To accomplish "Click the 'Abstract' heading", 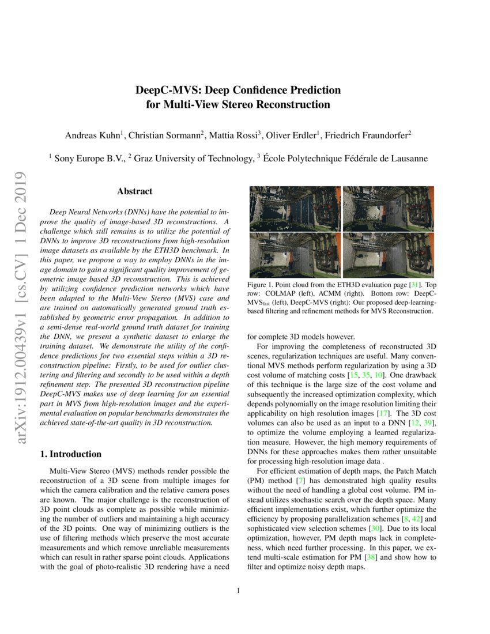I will pos(134,191).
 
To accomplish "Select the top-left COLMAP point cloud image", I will pos(294,209).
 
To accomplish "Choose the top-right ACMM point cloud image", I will pos(388,209).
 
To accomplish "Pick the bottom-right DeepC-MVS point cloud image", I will pos(388,255).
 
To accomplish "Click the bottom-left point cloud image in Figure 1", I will pos(294,255).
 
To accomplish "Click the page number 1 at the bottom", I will pos(238,590).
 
